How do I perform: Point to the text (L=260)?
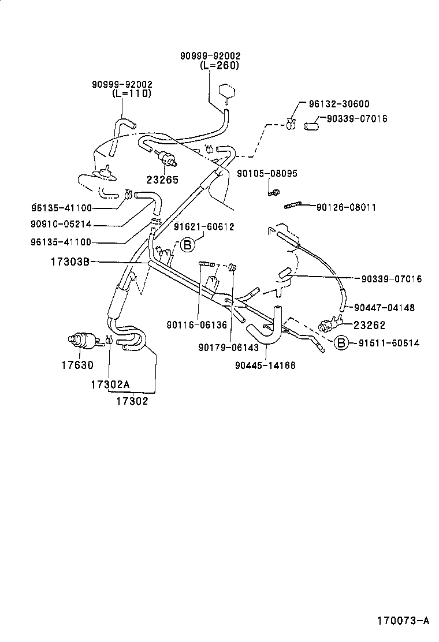coord(219,65)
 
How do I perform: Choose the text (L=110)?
coord(131,93)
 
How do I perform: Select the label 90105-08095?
coord(267,173)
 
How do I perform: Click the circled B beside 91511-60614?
coord(342,343)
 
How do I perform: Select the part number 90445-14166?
coord(265,365)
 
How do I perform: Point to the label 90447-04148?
coord(384,308)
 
